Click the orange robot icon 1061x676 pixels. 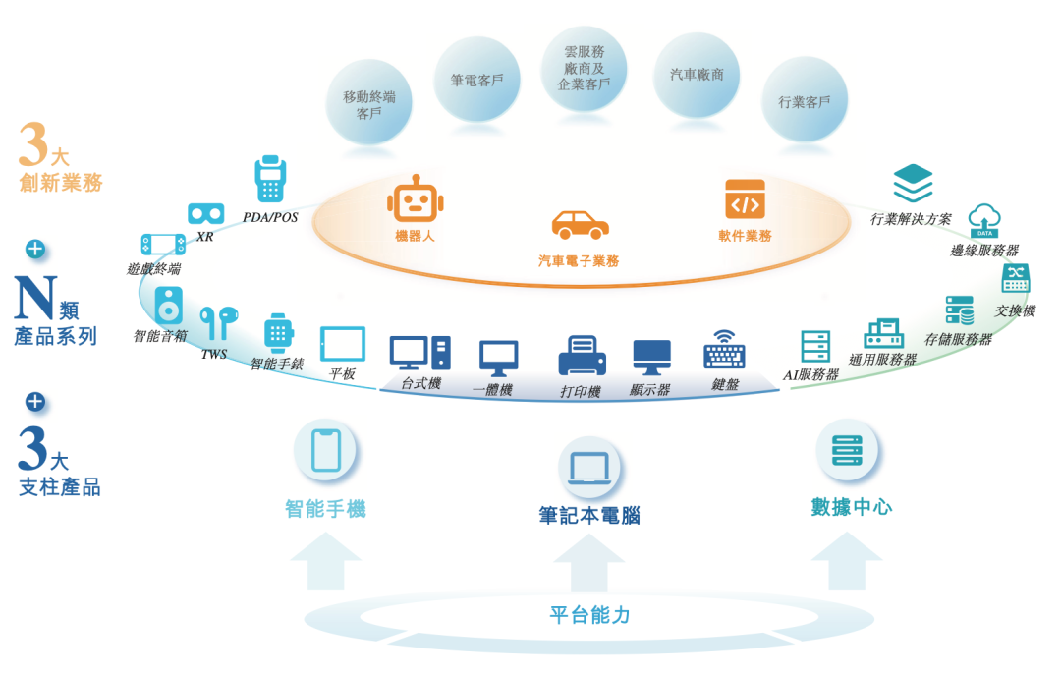[415, 200]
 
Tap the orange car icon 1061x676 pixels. [580, 224]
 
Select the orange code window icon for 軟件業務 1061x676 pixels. [745, 199]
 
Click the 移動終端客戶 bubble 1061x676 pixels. [369, 103]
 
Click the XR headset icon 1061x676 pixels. [206, 213]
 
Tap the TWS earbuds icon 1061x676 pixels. [218, 322]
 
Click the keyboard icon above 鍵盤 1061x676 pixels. [725, 351]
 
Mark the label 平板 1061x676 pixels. [343, 373]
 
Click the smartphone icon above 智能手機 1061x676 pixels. [325, 450]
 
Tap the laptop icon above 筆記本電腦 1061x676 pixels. [589, 468]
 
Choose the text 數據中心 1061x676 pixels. [852, 507]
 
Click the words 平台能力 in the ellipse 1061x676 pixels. [589, 616]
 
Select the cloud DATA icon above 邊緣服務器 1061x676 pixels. [984, 221]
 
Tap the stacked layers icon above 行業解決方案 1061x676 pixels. [913, 184]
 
